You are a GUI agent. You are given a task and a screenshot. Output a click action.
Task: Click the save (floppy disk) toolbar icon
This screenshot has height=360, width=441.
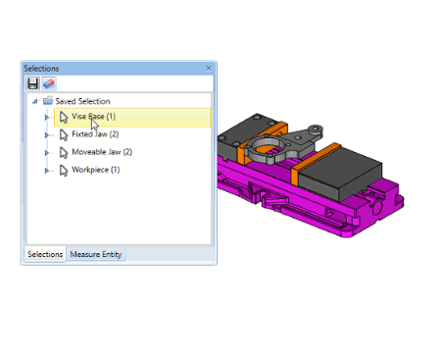pyautogui.click(x=32, y=84)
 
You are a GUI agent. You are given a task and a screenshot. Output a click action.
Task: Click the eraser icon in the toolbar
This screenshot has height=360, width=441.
pyautogui.click(x=48, y=84)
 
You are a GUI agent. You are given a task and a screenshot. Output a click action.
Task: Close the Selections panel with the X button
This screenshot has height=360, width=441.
pyautogui.click(x=209, y=68)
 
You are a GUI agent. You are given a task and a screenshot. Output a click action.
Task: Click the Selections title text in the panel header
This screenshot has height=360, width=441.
pyautogui.click(x=41, y=68)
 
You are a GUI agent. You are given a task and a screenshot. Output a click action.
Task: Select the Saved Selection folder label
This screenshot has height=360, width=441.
pyautogui.click(x=82, y=101)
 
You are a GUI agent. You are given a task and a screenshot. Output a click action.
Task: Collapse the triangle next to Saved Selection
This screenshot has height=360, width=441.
pyautogui.click(x=34, y=101)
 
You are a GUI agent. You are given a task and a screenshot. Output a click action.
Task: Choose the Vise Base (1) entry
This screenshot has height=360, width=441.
pyautogui.click(x=94, y=117)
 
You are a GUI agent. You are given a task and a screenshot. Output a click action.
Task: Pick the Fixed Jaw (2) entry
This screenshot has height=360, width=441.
pyautogui.click(x=95, y=134)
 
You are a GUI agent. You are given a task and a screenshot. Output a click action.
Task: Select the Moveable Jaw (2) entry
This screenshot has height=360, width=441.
pyautogui.click(x=102, y=152)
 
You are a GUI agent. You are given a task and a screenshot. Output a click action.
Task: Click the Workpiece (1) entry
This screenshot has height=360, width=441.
pyautogui.click(x=95, y=170)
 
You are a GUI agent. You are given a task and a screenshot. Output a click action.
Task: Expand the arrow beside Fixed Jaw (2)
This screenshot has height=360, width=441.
pyautogui.click(x=46, y=134)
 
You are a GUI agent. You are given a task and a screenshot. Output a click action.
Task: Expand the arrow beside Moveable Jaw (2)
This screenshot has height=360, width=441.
pyautogui.click(x=46, y=152)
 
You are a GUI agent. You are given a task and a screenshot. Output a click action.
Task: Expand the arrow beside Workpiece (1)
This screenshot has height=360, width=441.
pyautogui.click(x=46, y=170)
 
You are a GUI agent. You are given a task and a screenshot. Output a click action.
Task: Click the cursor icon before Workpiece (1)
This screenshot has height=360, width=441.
pyautogui.click(x=63, y=171)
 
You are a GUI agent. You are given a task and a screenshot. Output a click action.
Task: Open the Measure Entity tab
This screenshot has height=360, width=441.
pyautogui.click(x=95, y=254)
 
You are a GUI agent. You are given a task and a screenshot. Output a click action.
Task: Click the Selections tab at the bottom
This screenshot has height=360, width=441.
pyautogui.click(x=44, y=254)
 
